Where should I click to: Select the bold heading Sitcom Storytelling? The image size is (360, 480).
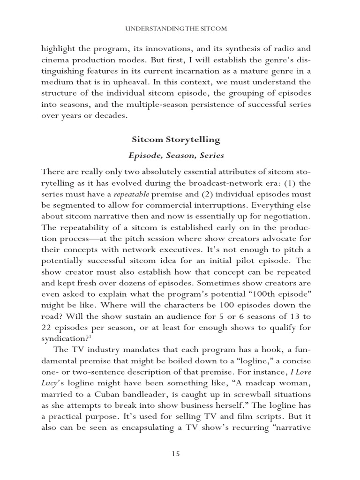(x=176, y=140)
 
